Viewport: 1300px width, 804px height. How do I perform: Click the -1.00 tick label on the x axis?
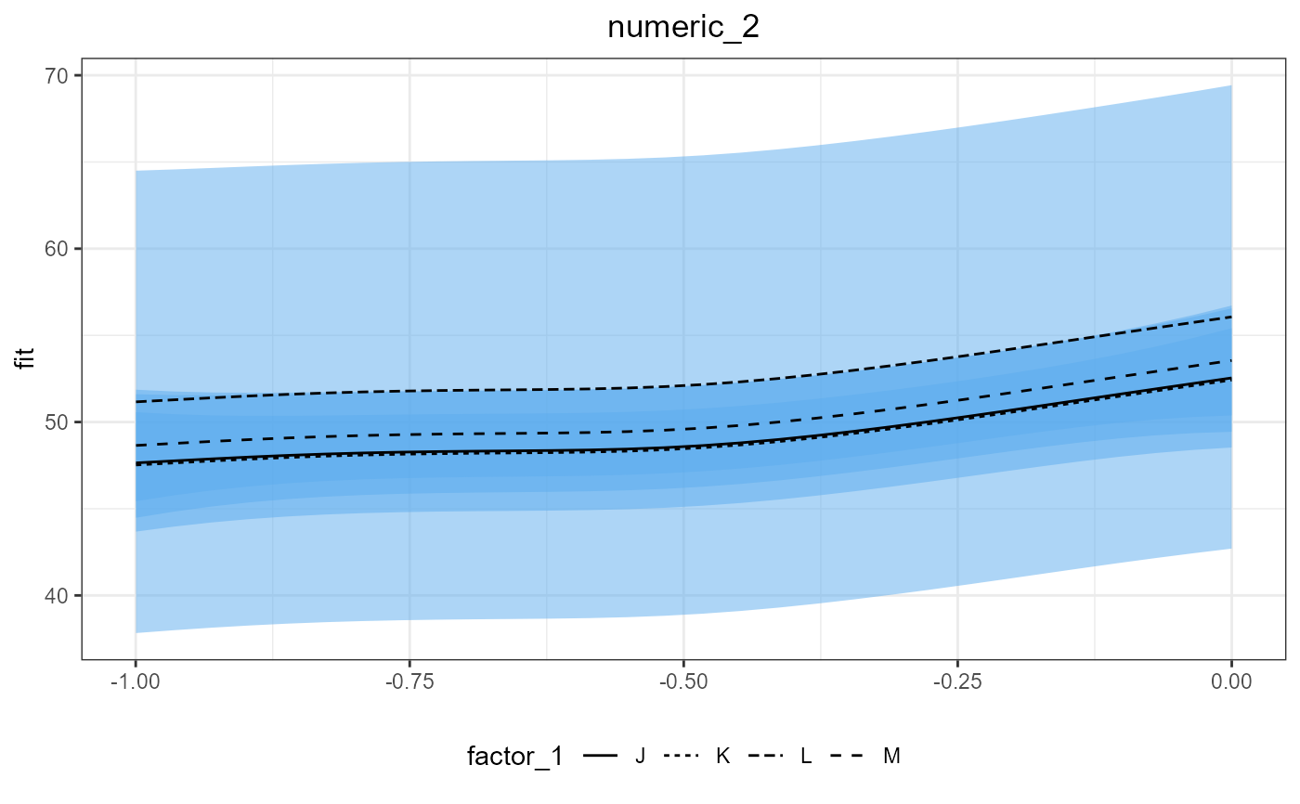coord(136,683)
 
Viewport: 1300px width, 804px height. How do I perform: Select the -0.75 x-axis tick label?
coord(409,683)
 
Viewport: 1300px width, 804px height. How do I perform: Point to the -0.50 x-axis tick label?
coord(683,683)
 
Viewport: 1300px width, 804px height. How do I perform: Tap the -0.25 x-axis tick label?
coord(957,683)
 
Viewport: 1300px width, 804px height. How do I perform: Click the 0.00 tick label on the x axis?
coord(1231,683)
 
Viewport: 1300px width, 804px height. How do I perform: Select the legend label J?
coord(640,757)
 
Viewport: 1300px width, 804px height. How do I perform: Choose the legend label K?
coord(722,757)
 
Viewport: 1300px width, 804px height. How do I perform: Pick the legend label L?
coord(806,757)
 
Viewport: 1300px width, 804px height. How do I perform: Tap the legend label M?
coord(891,757)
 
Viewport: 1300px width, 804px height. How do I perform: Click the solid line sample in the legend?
coord(603,757)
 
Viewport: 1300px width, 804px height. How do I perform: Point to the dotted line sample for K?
coord(685,757)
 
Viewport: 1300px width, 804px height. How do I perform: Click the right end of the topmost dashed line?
coord(1231,317)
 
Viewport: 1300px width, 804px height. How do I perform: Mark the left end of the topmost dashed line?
coord(136,402)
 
